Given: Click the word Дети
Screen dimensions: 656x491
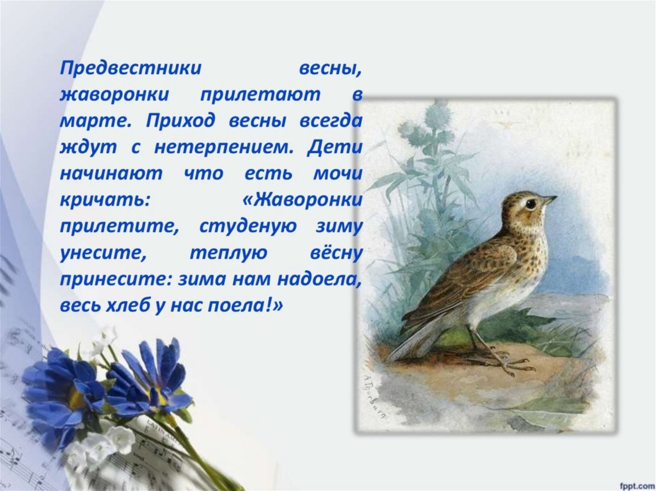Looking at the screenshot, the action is click(335, 148).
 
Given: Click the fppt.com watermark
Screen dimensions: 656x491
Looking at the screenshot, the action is click(636, 484).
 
